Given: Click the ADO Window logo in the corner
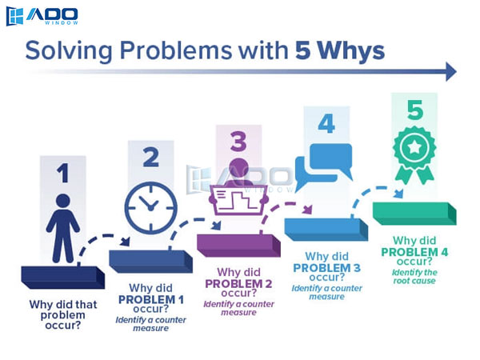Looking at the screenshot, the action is coord(42,16).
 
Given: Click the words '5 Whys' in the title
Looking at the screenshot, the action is coord(340,50).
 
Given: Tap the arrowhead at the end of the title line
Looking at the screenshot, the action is coord(451,72).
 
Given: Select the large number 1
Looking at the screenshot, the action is coord(63,173).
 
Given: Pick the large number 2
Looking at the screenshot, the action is coord(151,157).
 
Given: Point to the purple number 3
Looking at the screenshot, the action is coord(238,141).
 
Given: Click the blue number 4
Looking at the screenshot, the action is coord(326,124).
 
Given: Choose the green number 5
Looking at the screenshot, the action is coord(415,110).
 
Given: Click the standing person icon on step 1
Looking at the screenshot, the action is coord(63,228).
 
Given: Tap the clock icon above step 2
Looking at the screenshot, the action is coord(151,208).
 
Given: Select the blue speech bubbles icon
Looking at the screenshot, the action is coord(324,167).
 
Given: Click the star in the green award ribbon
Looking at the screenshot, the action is coord(414,147).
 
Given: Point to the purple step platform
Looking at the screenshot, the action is coord(238,246).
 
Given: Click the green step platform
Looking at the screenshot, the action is coord(414,214).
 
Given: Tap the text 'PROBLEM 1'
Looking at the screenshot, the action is coord(151,300).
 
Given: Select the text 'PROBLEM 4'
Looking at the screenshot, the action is coord(414,252).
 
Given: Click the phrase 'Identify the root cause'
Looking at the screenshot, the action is coord(414,277).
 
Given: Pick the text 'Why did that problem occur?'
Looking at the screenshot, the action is coord(63,315).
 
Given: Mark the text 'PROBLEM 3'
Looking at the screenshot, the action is coord(326,268).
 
